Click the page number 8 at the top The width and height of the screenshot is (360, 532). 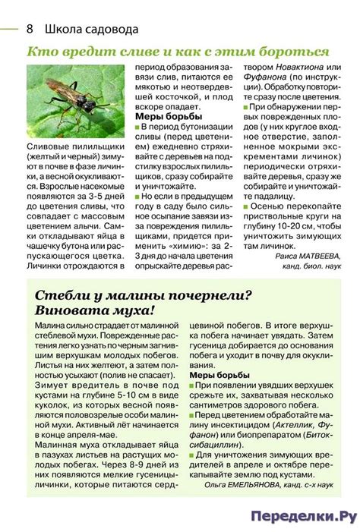29,30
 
